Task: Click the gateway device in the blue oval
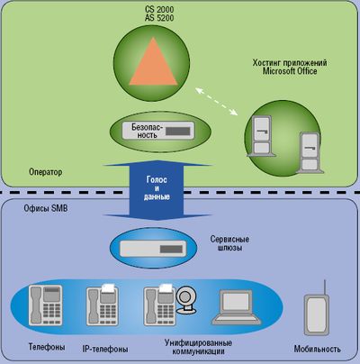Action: [154, 246]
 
